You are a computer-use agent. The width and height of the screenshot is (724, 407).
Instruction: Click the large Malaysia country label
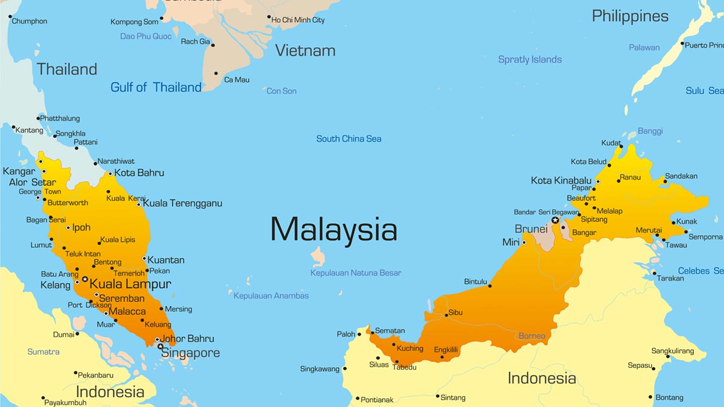tap(334, 230)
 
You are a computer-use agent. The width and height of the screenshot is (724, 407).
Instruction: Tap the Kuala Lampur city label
tap(130, 284)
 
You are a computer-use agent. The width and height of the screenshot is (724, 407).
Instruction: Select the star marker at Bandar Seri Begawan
tap(555, 221)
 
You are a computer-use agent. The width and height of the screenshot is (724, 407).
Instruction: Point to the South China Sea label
tap(349, 139)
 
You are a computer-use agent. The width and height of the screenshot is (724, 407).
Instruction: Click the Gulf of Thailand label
tap(156, 87)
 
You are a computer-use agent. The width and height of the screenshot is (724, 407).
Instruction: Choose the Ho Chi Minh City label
tap(298, 20)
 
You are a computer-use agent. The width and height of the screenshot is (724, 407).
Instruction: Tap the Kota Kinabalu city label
tap(561, 180)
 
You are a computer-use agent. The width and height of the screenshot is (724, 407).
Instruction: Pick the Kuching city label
tap(410, 349)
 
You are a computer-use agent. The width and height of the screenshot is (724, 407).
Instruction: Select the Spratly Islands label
tap(530, 60)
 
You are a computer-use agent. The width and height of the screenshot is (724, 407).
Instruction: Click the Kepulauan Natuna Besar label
tap(355, 273)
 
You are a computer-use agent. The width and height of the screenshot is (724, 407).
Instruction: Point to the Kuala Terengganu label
tap(182, 203)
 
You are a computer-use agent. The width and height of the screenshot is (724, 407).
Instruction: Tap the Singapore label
tap(190, 353)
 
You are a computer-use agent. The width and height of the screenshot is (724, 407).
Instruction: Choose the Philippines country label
tap(630, 16)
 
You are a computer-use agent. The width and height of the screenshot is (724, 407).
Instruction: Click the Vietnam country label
tap(305, 51)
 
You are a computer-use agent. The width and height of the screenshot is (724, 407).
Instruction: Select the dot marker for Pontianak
tap(357, 399)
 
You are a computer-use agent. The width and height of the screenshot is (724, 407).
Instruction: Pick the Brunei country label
tap(531, 229)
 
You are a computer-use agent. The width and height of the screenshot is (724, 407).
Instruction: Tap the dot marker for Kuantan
tap(144, 259)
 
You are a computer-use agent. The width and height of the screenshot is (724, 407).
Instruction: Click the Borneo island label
tap(532, 336)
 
